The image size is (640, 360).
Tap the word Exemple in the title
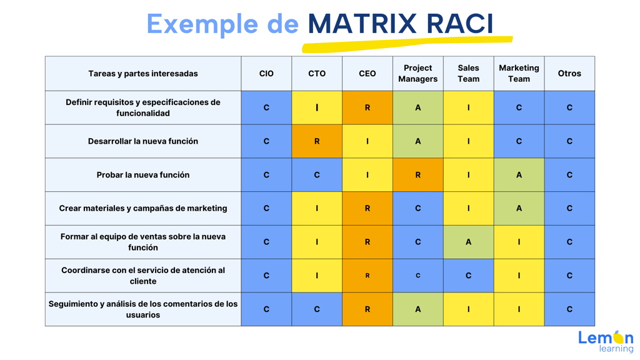[202, 24]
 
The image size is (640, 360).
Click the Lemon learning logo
[606, 341]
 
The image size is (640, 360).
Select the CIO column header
[266, 74]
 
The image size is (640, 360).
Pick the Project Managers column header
[418, 74]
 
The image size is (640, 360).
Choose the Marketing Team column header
[519, 74]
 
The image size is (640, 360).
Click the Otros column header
[570, 74]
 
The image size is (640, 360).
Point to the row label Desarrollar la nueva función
[143, 141]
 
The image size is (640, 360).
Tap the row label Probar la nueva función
[143, 175]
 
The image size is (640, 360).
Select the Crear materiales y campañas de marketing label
[143, 208]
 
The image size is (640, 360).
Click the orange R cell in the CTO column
[317, 141]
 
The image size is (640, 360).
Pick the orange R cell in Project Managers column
[418, 175]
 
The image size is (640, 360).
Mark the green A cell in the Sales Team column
[469, 242]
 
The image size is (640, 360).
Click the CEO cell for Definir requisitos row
[367, 107]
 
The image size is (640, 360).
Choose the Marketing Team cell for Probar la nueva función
[519, 175]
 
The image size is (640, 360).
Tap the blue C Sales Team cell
[469, 276]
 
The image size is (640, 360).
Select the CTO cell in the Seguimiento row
[317, 309]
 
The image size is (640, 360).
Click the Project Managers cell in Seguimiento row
[418, 309]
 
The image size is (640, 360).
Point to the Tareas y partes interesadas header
[143, 74]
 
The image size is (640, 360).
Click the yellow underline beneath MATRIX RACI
[407, 44]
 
